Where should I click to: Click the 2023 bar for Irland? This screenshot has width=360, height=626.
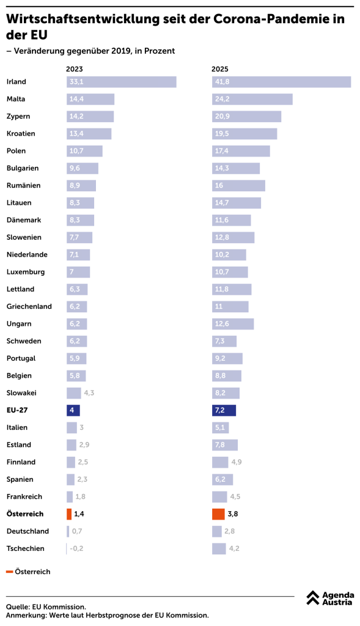[122, 82]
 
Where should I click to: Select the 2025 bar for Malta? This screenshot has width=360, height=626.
[252, 99]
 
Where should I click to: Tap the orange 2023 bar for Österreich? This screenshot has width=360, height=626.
[69, 514]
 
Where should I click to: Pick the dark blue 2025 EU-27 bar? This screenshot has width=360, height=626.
[224, 410]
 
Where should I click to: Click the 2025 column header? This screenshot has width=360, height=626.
[220, 69]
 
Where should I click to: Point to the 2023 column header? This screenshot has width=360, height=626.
[75, 69]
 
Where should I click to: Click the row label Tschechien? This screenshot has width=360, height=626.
[26, 548]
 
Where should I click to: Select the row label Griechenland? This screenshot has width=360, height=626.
[29, 307]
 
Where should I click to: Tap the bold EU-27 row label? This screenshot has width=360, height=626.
[17, 410]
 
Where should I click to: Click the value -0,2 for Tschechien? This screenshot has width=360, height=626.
[76, 548]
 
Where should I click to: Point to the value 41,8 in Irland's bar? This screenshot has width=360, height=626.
[222, 82]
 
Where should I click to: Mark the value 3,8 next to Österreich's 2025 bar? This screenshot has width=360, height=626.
[233, 514]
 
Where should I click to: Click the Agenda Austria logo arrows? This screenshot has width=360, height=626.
[313, 598]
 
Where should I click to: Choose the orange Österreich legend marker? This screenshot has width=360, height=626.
[10, 572]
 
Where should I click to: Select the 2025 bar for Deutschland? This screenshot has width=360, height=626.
[217, 531]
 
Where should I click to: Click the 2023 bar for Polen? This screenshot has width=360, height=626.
[84, 151]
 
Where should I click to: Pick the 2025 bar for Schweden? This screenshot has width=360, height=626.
[224, 341]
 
